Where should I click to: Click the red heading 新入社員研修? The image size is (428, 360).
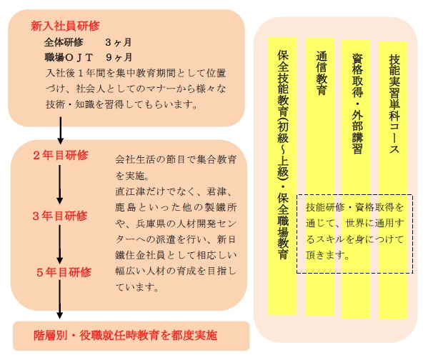pyautogui.click(x=65, y=26)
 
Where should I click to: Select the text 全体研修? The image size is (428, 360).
pyautogui.click(x=64, y=42)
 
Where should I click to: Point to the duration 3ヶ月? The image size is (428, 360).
pyautogui.click(x=118, y=42)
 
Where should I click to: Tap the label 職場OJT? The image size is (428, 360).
pyautogui.click(x=69, y=57)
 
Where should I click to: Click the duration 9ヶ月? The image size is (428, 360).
pyautogui.click(x=119, y=57)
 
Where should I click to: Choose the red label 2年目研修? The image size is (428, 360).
pyautogui.click(x=60, y=155)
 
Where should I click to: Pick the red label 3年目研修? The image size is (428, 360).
pyautogui.click(x=60, y=216)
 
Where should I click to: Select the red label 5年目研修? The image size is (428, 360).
pyautogui.click(x=64, y=272)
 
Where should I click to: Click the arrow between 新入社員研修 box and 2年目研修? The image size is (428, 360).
pyautogui.click(x=60, y=131)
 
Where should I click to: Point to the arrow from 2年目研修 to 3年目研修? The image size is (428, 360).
pyautogui.click(x=60, y=184)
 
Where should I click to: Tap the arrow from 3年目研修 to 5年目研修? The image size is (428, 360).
pyautogui.click(x=60, y=244)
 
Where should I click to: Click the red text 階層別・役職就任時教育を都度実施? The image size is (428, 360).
pyautogui.click(x=125, y=336)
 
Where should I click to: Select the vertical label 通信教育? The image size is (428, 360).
pyautogui.click(x=321, y=73)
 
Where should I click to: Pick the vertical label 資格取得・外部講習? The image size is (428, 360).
pyautogui.click(x=357, y=104)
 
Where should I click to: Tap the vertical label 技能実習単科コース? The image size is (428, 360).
pyautogui.click(x=394, y=104)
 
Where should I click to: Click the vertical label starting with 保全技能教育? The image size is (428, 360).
pyautogui.click(x=282, y=154)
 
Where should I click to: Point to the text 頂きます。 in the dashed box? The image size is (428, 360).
pyautogui.click(x=327, y=255)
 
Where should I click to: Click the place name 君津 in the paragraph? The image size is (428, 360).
pyautogui.click(x=217, y=191)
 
